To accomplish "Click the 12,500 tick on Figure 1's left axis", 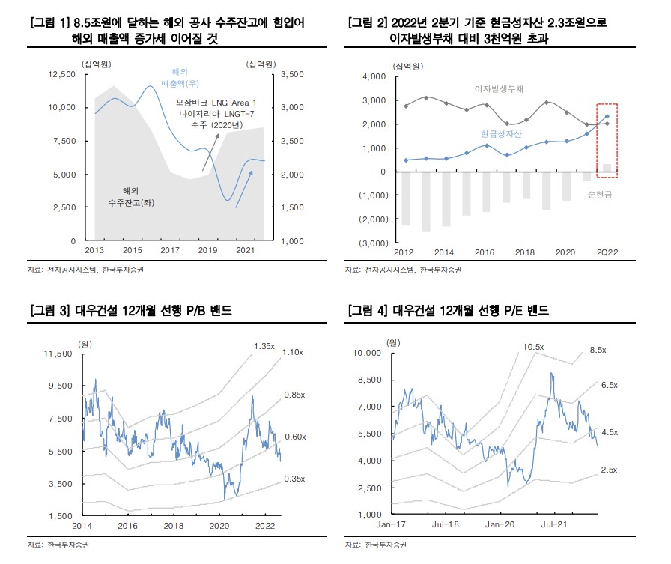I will (61, 74).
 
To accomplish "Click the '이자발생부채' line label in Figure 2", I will (499, 88).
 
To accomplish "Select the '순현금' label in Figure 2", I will (601, 195).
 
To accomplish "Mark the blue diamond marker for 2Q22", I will (607, 117).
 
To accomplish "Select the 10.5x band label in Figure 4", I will (533, 347).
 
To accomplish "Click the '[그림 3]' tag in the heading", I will (48, 310).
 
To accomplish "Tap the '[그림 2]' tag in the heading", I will (365, 24).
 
